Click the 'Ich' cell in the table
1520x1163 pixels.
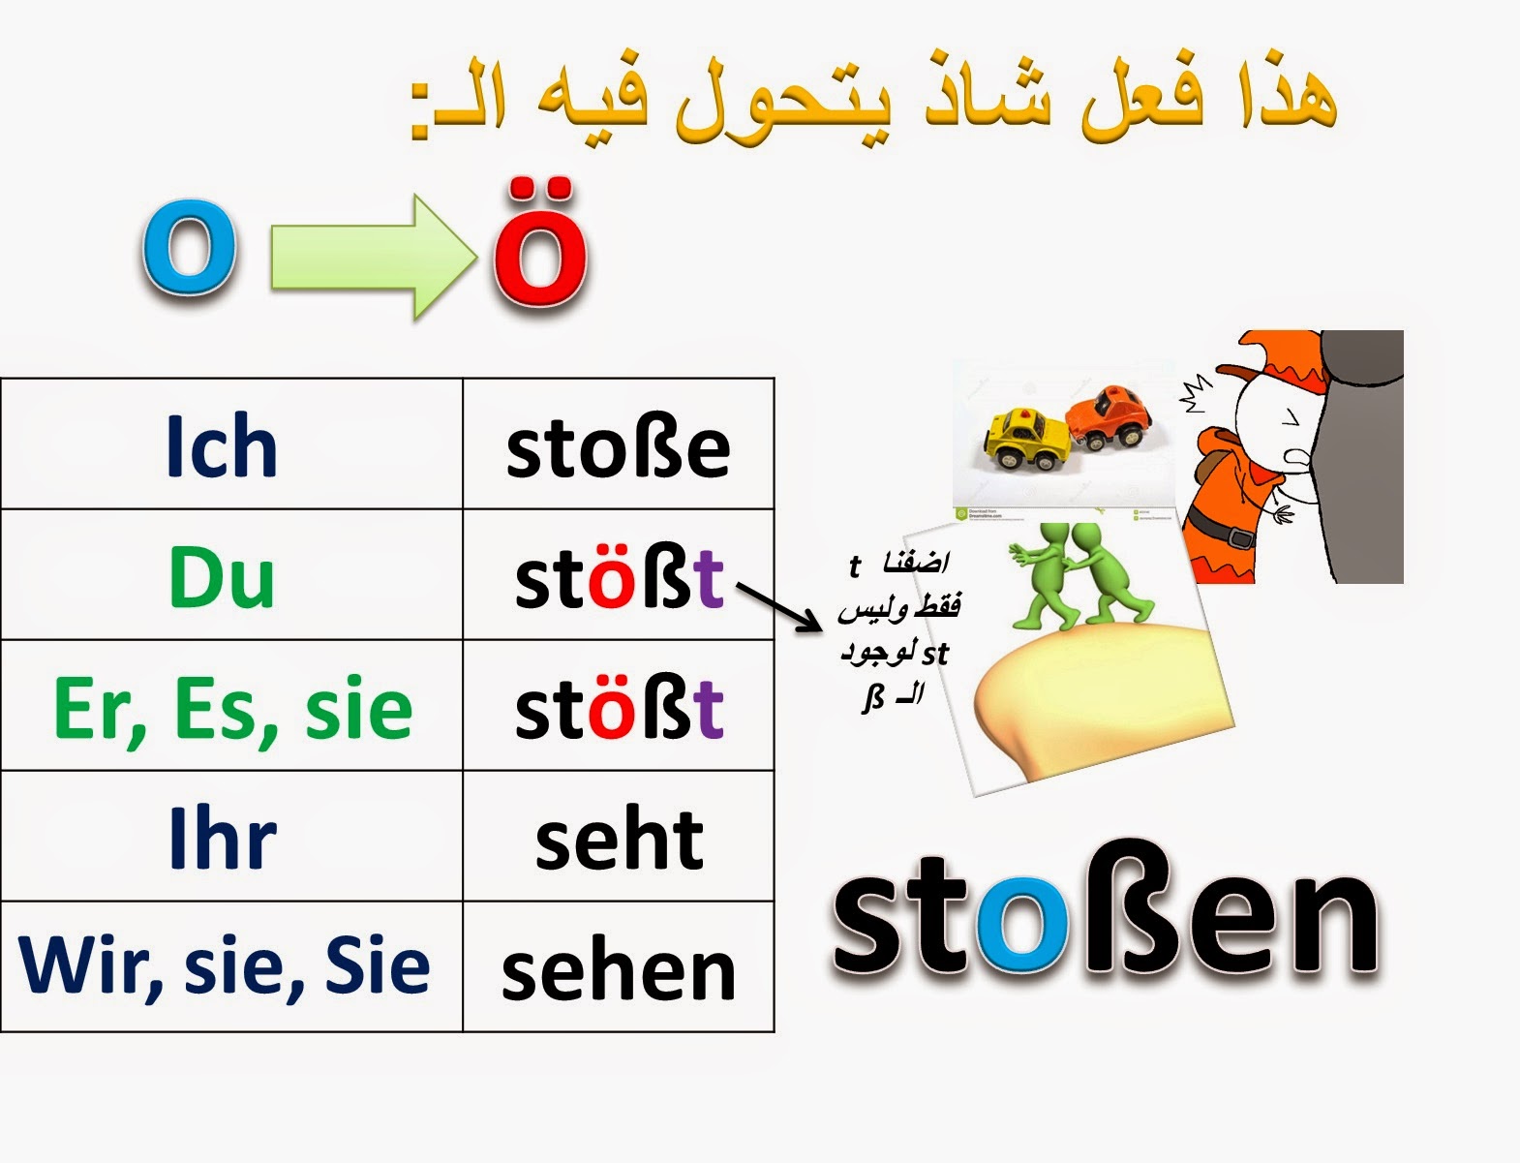(222, 445)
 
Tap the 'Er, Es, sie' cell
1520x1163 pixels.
(232, 708)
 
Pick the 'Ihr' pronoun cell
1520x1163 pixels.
(223, 839)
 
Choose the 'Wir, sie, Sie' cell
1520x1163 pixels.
(225, 966)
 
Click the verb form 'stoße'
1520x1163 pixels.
(618, 447)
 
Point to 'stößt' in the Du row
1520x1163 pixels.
(619, 578)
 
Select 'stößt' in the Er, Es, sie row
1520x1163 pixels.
(619, 708)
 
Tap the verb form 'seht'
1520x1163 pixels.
(619, 839)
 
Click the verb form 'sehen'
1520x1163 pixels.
(619, 970)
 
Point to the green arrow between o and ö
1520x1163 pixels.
(373, 256)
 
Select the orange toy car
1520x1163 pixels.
(1110, 417)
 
